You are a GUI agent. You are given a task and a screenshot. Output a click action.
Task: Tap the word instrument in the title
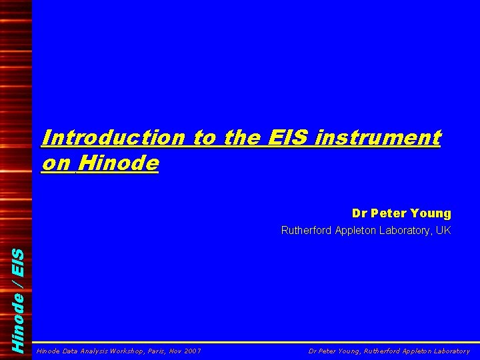coord(379,138)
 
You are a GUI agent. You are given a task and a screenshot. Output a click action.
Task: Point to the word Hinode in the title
coord(118,163)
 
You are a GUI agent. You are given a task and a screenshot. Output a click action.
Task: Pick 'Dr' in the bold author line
coord(360,213)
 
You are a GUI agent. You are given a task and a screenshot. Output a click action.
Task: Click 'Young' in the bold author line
coord(431,213)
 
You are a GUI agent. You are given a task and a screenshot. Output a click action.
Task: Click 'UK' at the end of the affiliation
coord(443,231)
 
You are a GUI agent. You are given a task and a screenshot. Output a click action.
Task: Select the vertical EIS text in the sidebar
coord(20,261)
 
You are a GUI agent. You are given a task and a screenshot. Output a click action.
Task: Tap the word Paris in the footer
coord(155,350)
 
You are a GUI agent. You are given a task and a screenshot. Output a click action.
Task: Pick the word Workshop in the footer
coord(125,350)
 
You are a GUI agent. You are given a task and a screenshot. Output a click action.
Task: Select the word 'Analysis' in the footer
coord(93,350)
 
